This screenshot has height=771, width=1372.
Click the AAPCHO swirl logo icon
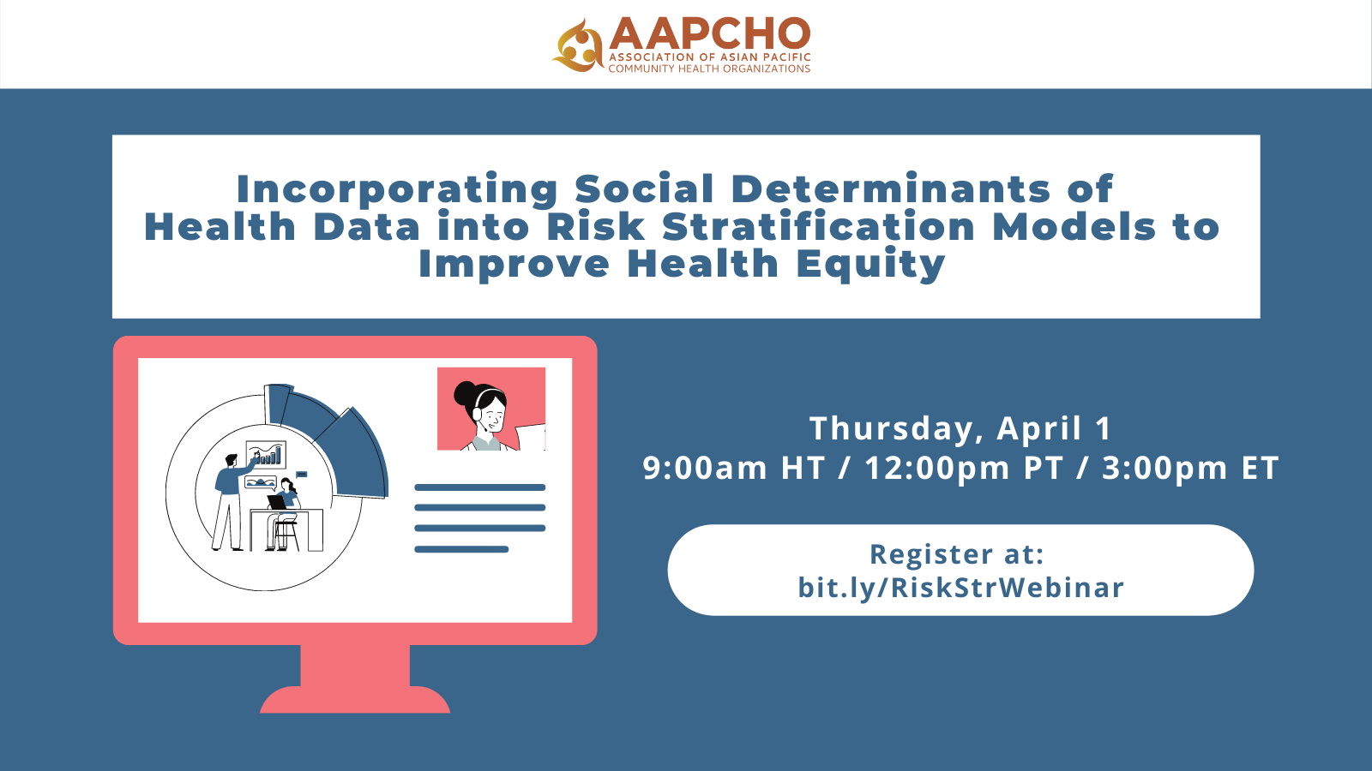click(579, 45)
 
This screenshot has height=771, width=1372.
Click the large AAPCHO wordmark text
click(710, 33)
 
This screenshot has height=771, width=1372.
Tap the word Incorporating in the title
click(396, 189)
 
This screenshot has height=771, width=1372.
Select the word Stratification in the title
click(818, 227)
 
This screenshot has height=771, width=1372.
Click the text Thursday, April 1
click(960, 428)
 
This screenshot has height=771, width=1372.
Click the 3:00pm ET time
click(1190, 469)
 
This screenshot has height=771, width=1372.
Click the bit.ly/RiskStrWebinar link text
click(960, 588)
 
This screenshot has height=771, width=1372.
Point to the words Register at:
click(957, 554)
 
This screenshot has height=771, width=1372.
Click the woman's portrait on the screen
click(491, 409)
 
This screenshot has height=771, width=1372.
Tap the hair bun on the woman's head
click(465, 395)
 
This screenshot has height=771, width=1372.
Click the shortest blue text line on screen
click(461, 549)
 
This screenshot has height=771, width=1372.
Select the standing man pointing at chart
click(229, 501)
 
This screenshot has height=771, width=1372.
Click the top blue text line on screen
click(479, 487)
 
